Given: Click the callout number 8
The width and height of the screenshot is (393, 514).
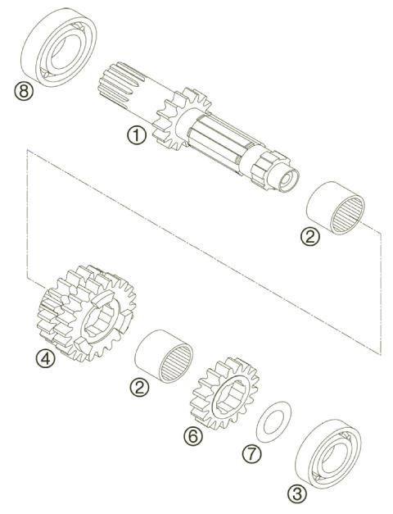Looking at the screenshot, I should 25,92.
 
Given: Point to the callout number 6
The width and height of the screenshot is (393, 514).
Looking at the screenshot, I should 192,435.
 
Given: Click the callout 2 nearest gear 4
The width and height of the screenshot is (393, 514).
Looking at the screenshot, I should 141,387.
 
